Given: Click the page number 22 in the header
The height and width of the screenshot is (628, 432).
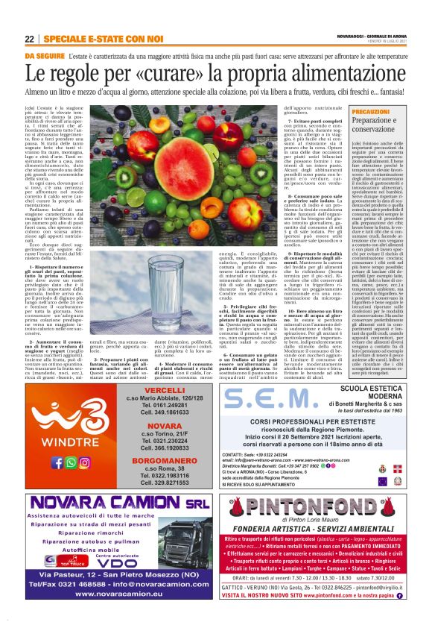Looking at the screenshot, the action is pos(29,39).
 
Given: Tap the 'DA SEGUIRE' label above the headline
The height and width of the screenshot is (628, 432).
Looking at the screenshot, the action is pos(43,56).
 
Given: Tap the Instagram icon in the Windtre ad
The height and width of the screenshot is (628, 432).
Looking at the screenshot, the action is pos(85,462).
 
